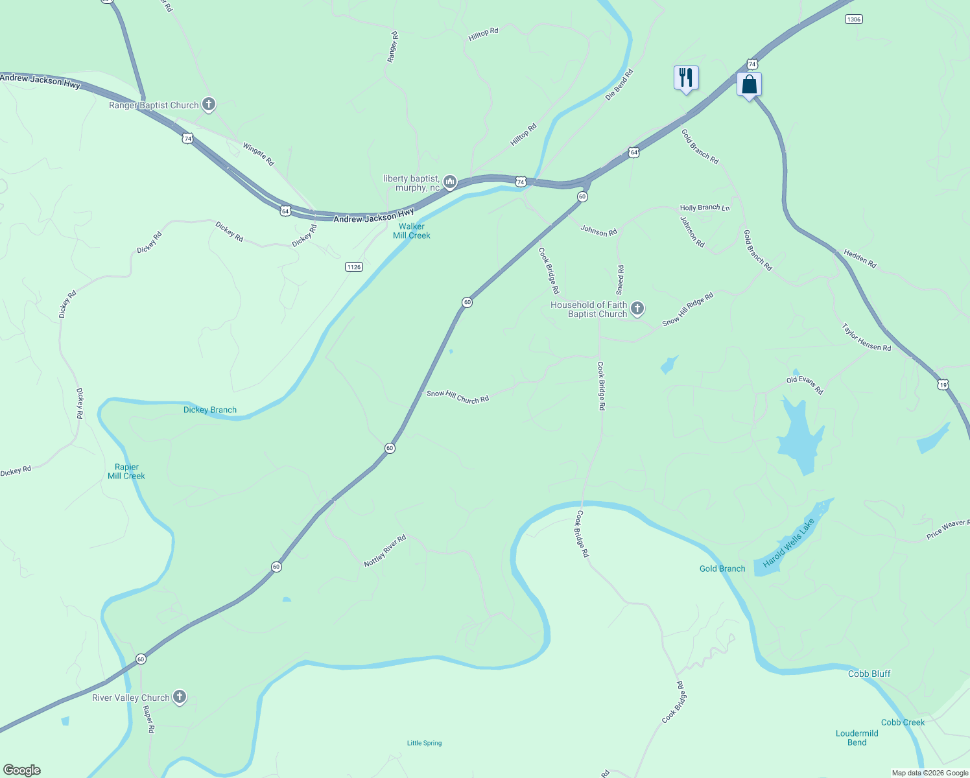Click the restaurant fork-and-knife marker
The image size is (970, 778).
[685, 78]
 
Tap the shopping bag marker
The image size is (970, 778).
[749, 85]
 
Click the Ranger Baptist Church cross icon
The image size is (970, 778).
[209, 104]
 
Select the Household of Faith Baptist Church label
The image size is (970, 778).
[589, 309]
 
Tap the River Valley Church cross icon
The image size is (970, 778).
[180, 697]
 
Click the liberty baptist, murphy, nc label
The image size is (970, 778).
[411, 183]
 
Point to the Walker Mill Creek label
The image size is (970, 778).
[412, 231]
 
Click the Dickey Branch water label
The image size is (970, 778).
[210, 410]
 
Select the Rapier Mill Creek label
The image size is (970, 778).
[126, 471]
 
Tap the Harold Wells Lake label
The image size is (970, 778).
[788, 543]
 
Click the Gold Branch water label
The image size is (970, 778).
[722, 569]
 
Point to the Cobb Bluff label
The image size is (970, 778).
[869, 674]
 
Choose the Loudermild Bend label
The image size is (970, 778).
[857, 738]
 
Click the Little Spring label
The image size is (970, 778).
[424, 743]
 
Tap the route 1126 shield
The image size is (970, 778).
[353, 267]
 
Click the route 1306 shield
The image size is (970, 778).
[853, 19]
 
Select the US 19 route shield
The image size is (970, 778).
[943, 384]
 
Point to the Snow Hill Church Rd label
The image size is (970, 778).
[458, 397]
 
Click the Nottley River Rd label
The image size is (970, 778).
[385, 550]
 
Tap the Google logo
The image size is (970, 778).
[22, 770]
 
